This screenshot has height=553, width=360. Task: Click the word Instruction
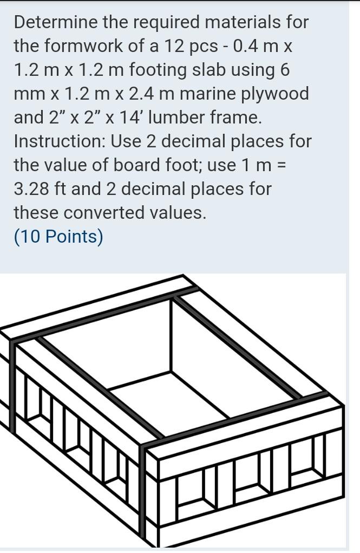point(60,141)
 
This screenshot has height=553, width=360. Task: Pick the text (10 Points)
point(58,237)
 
